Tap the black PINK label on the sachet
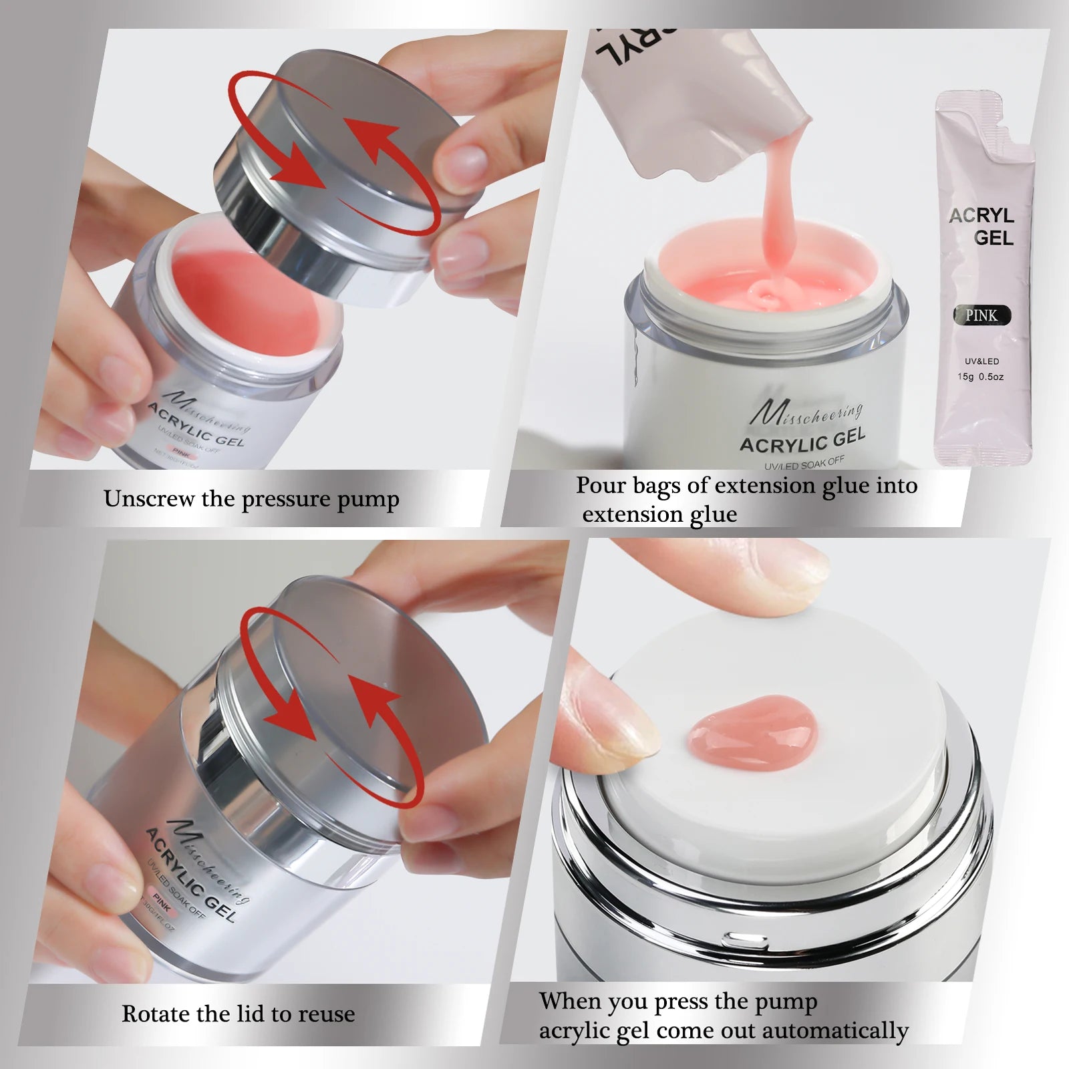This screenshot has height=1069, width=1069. pos(981,315)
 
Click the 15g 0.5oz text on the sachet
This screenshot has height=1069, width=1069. pos(980,377)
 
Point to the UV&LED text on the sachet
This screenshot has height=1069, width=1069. pos(981,361)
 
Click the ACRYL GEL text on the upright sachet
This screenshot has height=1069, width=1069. pos(983,226)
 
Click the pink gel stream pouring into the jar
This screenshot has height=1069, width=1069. pos(782,200)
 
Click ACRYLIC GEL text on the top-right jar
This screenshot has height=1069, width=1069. pos(802,442)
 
